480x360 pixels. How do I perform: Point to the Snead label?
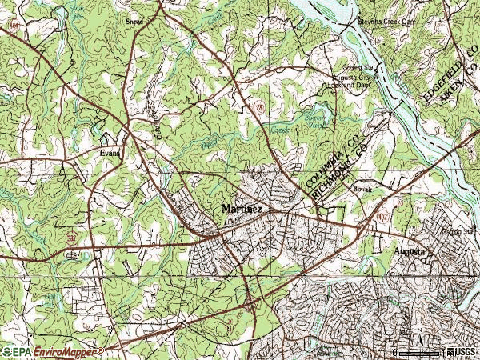point(134,22)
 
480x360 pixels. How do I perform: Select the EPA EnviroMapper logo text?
point(52,351)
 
